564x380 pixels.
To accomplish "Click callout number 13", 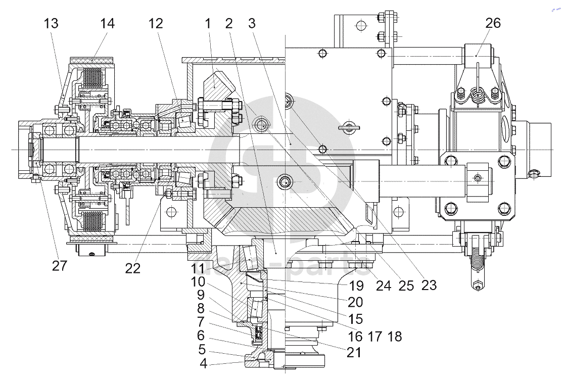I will [51, 23].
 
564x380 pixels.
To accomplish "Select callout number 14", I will [107, 23].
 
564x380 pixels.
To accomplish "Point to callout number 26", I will [493, 23].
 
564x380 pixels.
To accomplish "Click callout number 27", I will [59, 265].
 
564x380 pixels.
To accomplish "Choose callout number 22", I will [132, 268].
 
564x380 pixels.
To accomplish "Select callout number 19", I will [356, 286].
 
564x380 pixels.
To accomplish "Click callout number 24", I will [383, 286].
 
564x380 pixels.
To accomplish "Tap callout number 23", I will [429, 286].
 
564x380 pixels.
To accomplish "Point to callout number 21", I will [354, 352].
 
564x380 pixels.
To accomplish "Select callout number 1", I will [207, 23].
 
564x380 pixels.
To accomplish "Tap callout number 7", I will [200, 321].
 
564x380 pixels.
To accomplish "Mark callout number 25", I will [406, 286].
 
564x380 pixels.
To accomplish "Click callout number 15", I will [355, 319].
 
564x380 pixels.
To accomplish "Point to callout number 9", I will [200, 295].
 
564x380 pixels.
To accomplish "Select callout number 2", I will [229, 23].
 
